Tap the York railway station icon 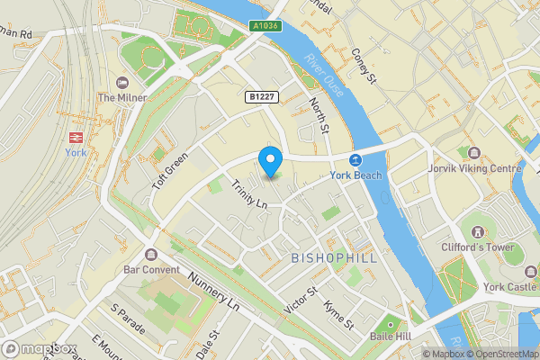coord(76,137)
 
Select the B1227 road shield coord(260,95)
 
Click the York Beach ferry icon coord(355,159)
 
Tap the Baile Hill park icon coord(390,322)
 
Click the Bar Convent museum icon coord(149,254)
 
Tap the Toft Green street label coord(168,168)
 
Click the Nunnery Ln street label coord(212,290)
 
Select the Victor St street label coord(301,300)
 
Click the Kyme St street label coord(338,314)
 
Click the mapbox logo coord(38,347)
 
